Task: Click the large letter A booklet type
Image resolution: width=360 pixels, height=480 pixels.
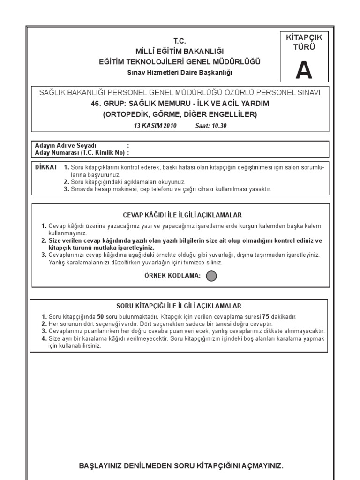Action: (303, 70)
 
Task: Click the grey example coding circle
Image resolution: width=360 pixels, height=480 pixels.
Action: (211, 276)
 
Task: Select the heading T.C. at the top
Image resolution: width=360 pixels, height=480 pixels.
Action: (180, 41)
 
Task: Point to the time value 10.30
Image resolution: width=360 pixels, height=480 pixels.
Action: (217, 126)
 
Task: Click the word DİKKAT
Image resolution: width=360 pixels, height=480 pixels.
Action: (46, 167)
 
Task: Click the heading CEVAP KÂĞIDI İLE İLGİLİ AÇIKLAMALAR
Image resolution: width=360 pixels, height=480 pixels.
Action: (182, 215)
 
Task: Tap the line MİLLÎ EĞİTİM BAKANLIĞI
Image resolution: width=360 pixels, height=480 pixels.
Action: (180, 51)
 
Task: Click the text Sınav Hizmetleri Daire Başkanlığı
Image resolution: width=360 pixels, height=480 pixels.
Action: (180, 73)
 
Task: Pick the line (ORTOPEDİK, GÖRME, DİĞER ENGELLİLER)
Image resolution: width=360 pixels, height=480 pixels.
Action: (180, 114)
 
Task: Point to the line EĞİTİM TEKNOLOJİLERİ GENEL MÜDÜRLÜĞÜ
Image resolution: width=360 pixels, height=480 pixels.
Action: (180, 61)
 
